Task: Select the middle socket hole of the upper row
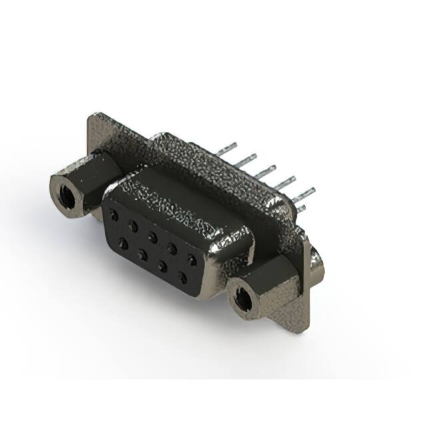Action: click(x=152, y=236)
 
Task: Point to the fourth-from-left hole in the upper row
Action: click(x=172, y=247)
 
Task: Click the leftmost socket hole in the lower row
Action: click(x=123, y=244)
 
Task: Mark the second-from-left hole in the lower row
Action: click(x=142, y=254)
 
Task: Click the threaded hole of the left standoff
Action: click(x=66, y=194)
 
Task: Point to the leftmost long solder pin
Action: click(x=226, y=148)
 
